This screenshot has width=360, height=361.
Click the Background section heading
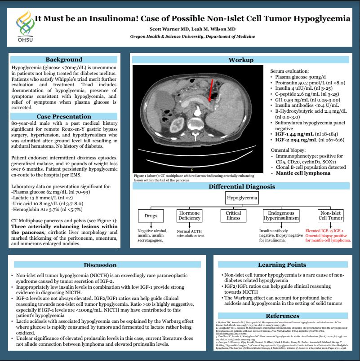pos(63,59)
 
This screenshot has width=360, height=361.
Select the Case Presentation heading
pos(63,116)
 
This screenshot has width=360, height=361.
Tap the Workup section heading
pos(241,60)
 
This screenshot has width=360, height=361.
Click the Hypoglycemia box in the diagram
pos(242,198)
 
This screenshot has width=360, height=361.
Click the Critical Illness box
pos(233,216)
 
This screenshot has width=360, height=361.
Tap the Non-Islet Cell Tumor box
pos(329,216)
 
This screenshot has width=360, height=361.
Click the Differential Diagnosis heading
pos(241,187)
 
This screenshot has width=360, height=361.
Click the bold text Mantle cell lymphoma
pos(303,172)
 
